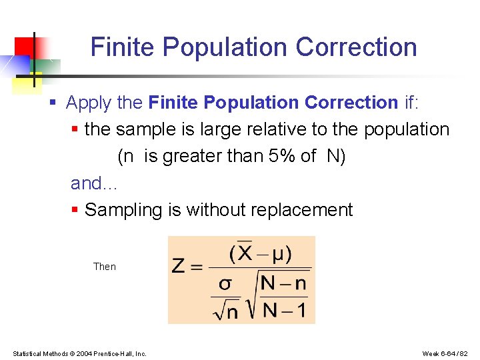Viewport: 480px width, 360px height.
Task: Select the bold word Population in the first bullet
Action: (252, 103)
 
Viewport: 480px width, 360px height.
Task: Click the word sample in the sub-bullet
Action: (146, 129)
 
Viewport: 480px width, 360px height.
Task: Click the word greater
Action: (196, 157)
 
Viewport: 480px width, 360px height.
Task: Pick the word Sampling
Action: (124, 210)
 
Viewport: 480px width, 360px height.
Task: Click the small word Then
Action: (105, 267)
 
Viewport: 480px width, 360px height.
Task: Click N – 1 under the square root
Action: (283, 309)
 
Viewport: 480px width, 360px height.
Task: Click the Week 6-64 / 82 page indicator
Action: (445, 353)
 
